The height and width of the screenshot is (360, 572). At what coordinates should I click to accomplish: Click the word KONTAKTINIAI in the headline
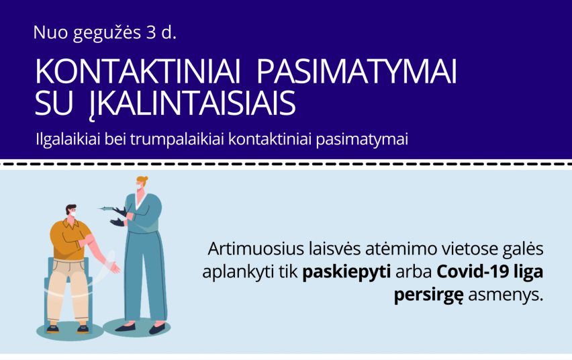pos(138,72)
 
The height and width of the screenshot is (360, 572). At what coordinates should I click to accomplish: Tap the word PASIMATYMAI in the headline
pos(356,72)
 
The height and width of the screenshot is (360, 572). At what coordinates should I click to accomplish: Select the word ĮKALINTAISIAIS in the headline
pos(192,104)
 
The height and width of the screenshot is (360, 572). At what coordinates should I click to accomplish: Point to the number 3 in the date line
pos(151,32)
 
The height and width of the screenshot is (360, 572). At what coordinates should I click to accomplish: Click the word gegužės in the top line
pos(107,34)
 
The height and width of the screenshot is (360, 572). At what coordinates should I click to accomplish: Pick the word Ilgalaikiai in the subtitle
pos(68,140)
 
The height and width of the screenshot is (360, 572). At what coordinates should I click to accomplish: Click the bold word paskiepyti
pos(346,272)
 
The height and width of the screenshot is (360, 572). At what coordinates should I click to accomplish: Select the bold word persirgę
pos(428,295)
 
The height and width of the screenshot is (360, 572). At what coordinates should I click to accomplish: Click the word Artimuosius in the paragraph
pos(256,249)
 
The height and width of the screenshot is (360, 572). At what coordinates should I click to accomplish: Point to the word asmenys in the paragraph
pos(506,295)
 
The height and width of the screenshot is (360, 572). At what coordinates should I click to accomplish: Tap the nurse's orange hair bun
pos(146,179)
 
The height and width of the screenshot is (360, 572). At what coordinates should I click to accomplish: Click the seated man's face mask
pos(73,214)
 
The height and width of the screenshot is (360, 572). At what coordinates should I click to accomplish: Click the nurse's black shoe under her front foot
pos(157,329)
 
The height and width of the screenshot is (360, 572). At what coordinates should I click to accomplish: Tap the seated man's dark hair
pos(70,208)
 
